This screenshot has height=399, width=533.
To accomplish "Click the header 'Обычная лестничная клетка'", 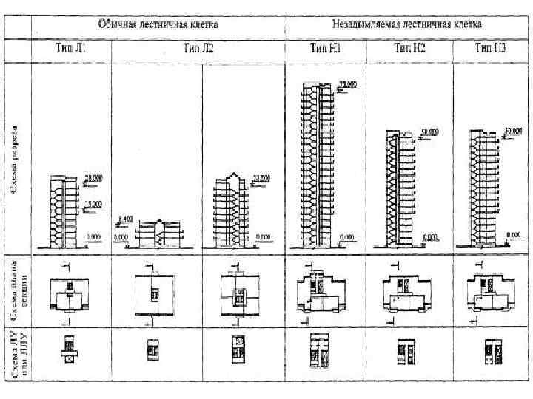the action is point(158,24).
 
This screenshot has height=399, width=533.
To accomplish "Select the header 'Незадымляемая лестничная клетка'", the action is point(409,24).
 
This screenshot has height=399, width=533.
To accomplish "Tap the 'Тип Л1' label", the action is point(72,49).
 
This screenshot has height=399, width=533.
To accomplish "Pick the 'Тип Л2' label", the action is point(198,49).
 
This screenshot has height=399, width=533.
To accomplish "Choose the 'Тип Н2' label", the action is point(409,49).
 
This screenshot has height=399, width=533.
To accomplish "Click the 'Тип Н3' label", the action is point(489,49).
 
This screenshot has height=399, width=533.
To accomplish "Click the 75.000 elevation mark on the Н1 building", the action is point(347,85).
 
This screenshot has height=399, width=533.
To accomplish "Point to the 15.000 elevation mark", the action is point(94,204).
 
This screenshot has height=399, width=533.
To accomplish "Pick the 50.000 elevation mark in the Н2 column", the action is point(429,132).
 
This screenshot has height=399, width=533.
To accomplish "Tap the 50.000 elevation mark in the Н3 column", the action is point(512,131).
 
